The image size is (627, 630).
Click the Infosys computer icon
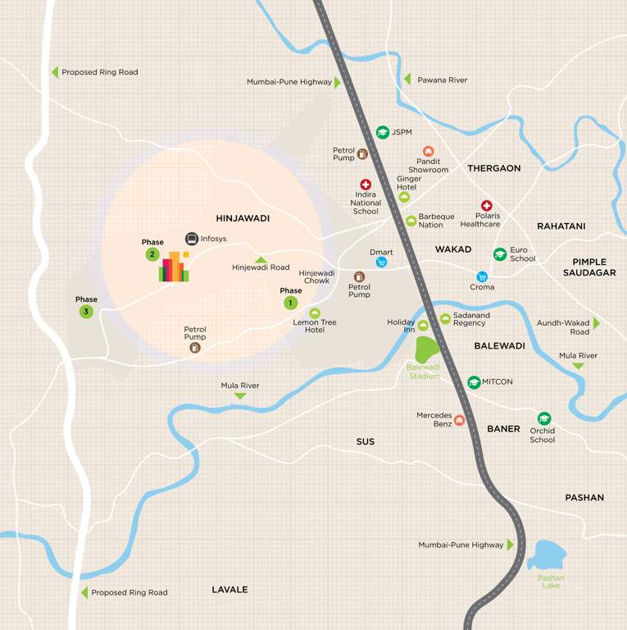pyautogui.click(x=192, y=239)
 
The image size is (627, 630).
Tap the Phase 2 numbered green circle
pyautogui.click(x=152, y=254)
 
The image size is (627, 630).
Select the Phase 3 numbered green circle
pyautogui.click(x=86, y=312)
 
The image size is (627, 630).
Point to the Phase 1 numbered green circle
pyautogui.click(x=290, y=303)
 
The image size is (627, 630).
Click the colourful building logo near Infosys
pyautogui.click(x=174, y=267)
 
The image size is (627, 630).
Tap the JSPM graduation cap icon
pyautogui.click(x=382, y=132)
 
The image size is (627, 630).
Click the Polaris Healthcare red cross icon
pyautogui.click(x=487, y=206)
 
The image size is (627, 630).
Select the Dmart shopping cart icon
pyautogui.click(x=381, y=262)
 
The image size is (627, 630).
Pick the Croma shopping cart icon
pyautogui.click(x=482, y=276)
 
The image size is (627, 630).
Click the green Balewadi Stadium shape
pyautogui.click(x=426, y=349)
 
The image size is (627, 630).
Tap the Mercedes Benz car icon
pyautogui.click(x=460, y=421)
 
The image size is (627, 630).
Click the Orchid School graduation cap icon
pyautogui.click(x=543, y=418)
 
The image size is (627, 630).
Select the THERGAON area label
pyautogui.click(x=494, y=168)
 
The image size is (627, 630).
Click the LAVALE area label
pyautogui.click(x=229, y=590)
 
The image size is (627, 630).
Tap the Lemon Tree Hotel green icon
pyautogui.click(x=315, y=313)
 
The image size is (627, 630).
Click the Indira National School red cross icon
pyautogui.click(x=366, y=185)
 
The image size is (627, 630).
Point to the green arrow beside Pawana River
pyautogui.click(x=407, y=80)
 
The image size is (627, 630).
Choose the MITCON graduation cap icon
pyautogui.click(x=474, y=382)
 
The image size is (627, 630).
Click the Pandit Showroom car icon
pyautogui.click(x=428, y=151)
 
